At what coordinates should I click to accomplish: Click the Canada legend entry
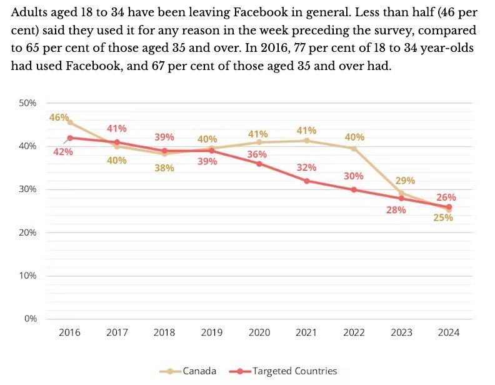[191, 371]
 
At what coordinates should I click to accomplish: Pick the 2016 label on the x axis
[69, 332]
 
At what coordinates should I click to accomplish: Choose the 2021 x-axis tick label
[307, 332]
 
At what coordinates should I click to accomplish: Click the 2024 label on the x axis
[449, 332]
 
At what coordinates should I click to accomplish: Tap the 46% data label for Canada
[59, 117]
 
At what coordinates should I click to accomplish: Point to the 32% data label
[307, 167]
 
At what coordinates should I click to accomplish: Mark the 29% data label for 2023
[405, 181]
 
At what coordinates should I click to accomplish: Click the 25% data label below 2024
[443, 217]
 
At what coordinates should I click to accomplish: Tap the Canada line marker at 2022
[354, 149]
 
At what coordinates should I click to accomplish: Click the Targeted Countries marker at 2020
[259, 164]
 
